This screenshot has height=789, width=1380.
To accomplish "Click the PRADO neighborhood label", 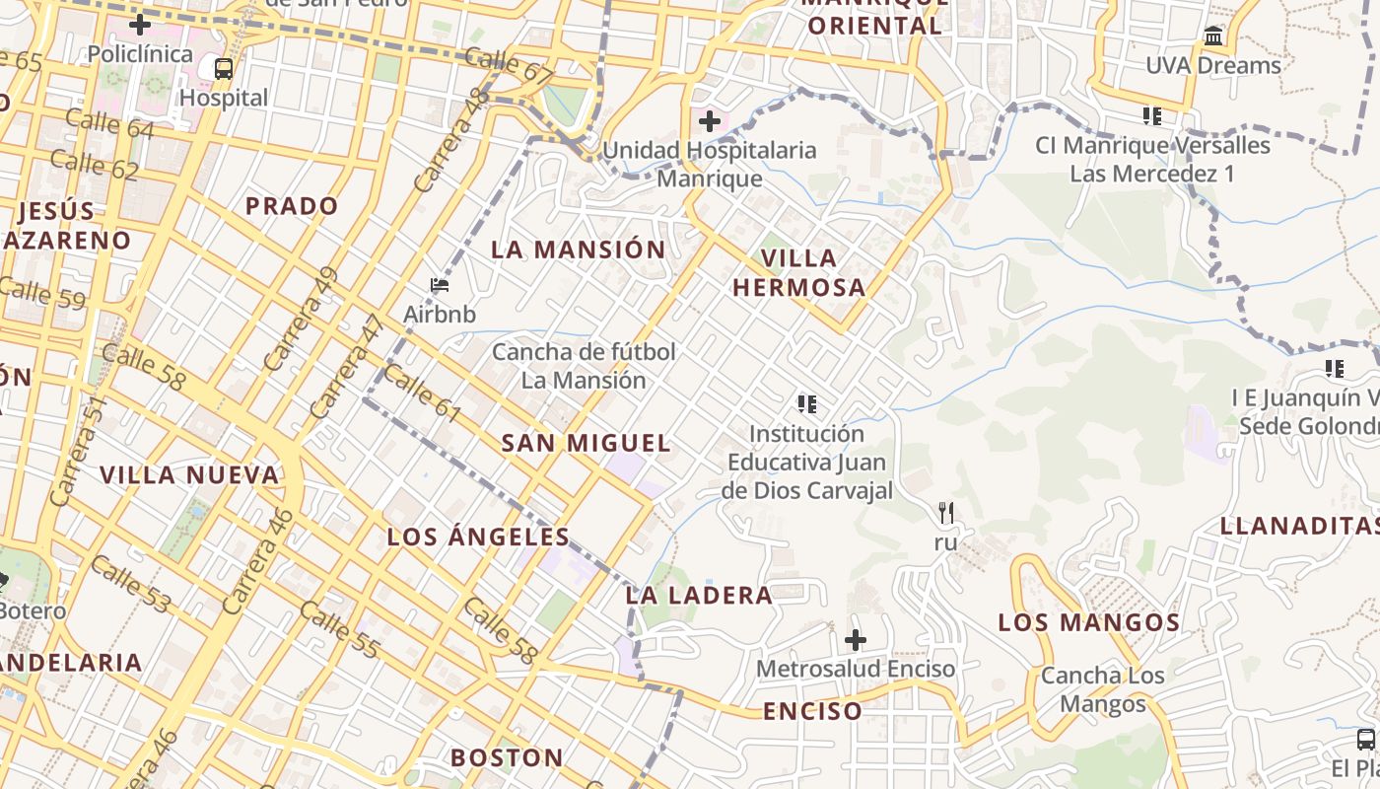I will (292, 206).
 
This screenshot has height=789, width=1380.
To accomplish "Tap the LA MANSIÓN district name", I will (579, 250).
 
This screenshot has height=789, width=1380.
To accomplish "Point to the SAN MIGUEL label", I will (586, 444).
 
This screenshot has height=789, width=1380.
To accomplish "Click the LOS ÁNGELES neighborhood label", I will (478, 538).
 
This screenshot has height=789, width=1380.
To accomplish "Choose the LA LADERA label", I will (699, 596).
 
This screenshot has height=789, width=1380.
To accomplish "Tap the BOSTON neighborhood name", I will (507, 758).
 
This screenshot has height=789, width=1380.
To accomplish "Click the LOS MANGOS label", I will (1089, 623).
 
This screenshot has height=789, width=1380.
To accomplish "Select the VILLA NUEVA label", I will (189, 475).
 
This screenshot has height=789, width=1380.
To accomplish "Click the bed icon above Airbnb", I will (440, 286).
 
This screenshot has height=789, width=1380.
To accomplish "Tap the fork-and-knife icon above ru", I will (946, 513).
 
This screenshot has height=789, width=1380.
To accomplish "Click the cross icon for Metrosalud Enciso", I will (856, 640).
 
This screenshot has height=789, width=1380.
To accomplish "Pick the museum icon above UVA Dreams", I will (1213, 36).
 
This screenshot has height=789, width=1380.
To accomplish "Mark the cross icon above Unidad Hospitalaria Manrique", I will (709, 122).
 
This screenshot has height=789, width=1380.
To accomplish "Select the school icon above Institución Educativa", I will (807, 403).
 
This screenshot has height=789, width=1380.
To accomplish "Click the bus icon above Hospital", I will (224, 69).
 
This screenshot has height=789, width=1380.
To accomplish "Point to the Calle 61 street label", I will (422, 393).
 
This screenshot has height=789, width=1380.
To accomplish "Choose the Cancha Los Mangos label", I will (1102, 690).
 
